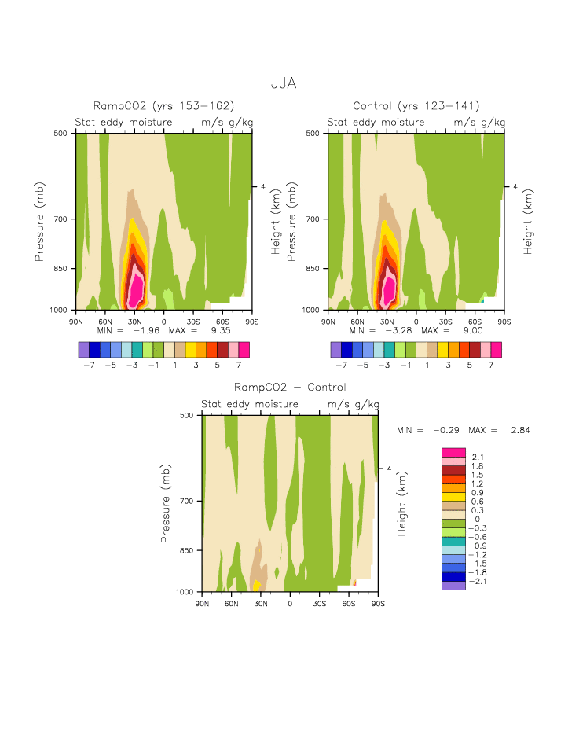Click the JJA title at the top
[x=284, y=82]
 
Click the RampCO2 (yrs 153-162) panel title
[x=164, y=106]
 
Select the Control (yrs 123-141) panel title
[x=416, y=106]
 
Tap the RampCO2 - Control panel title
[x=290, y=388]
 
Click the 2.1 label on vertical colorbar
[x=478, y=458]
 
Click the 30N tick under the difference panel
[x=261, y=604]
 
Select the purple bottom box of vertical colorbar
[x=451, y=585]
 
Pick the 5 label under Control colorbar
[x=475, y=365]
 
